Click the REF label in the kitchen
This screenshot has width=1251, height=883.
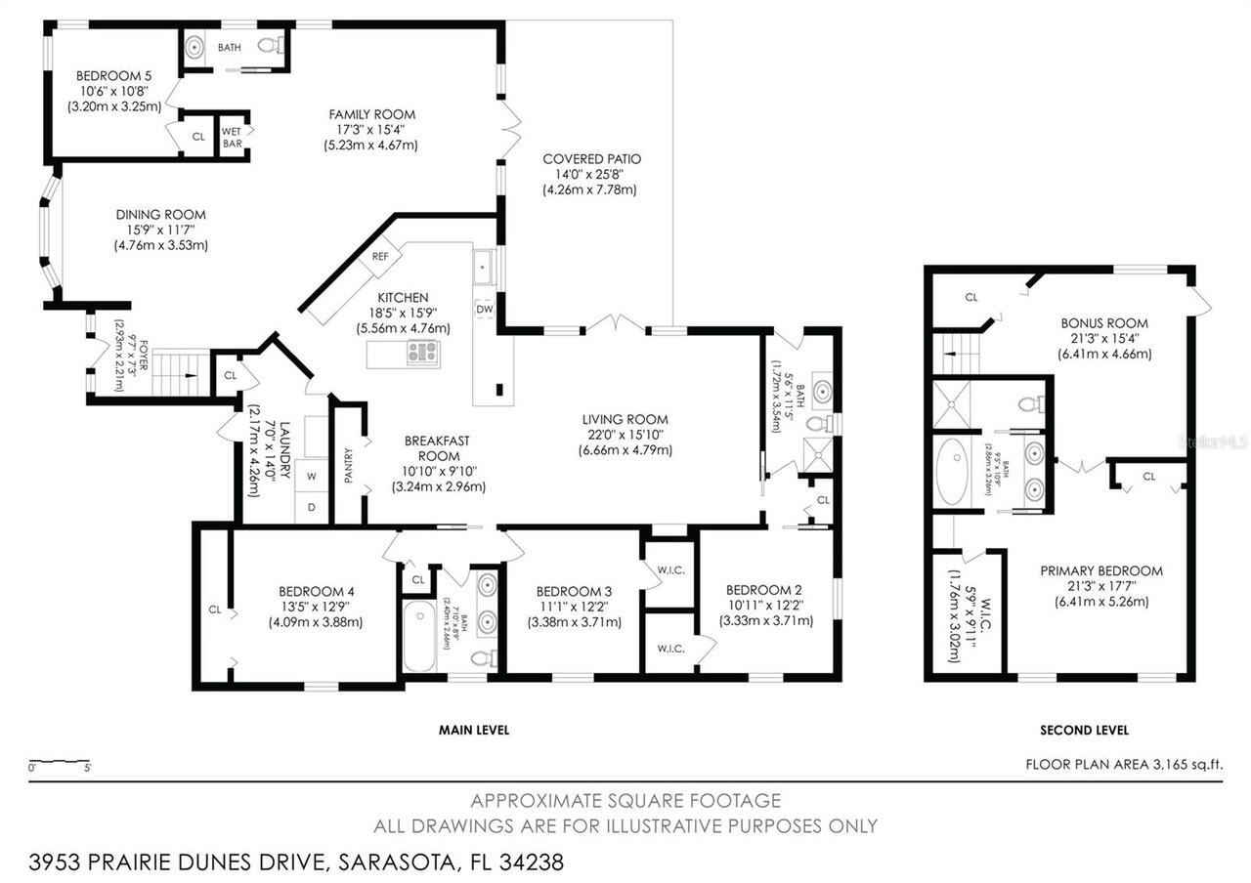click(x=380, y=257)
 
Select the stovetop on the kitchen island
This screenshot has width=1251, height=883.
click(x=423, y=352)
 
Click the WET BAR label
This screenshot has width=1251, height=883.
click(x=232, y=137)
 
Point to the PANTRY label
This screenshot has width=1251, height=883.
click(x=349, y=466)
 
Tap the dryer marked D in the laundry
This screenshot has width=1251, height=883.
click(x=311, y=507)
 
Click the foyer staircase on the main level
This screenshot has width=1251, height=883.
click(x=182, y=372)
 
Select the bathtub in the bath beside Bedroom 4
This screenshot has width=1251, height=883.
click(x=419, y=637)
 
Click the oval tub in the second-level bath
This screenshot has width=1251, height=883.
click(x=952, y=471)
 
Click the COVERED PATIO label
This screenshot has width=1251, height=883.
click(x=591, y=158)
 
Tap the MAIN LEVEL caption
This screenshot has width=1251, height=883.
click(x=474, y=730)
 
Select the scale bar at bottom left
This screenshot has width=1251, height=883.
click(x=60, y=762)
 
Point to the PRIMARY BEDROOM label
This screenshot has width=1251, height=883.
click(x=1100, y=571)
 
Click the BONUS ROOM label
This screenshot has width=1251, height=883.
click(x=1104, y=323)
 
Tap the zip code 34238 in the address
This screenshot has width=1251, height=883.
click(x=532, y=862)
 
